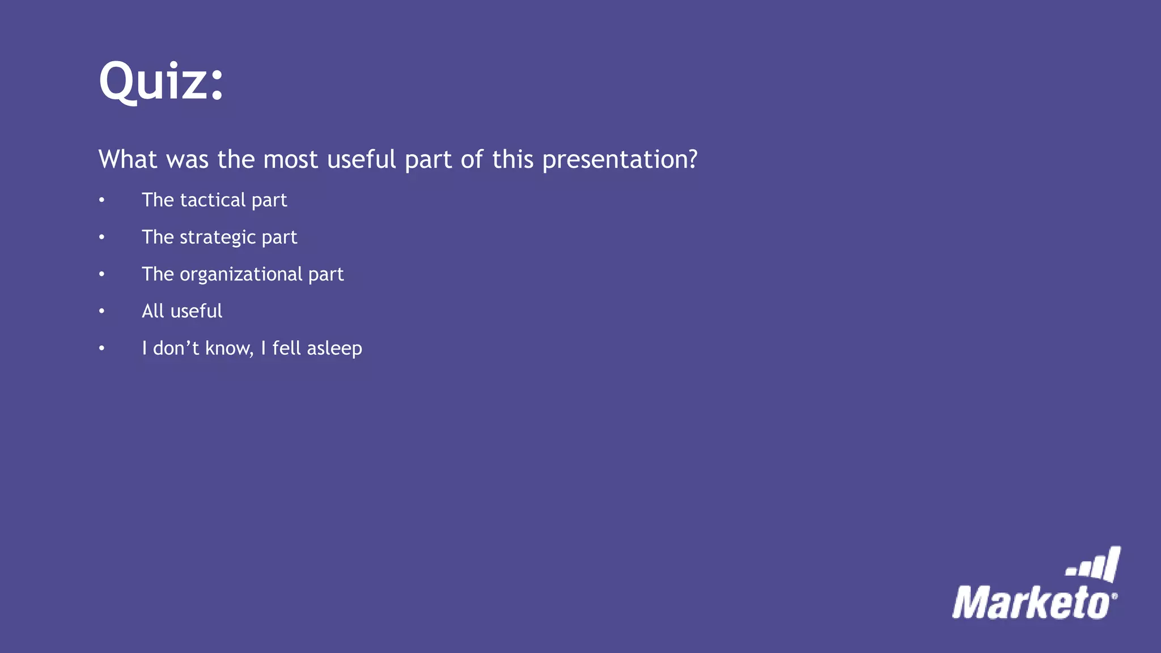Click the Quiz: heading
click(x=161, y=82)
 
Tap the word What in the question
click(x=128, y=159)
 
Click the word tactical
click(x=213, y=200)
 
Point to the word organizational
click(x=241, y=274)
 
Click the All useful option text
click(x=181, y=311)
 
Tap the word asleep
click(x=334, y=349)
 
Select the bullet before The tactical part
click(x=101, y=200)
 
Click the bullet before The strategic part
click(x=101, y=237)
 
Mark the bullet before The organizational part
click(x=101, y=274)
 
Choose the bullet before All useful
click(x=101, y=311)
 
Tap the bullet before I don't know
click(x=101, y=348)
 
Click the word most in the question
click(x=290, y=160)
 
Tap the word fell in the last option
click(x=286, y=348)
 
